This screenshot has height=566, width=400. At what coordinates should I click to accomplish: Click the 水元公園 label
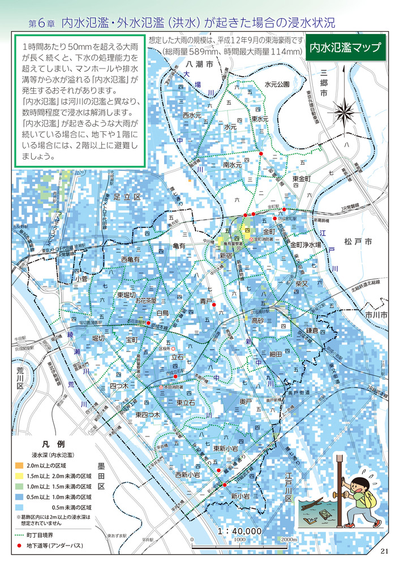tap(277, 84)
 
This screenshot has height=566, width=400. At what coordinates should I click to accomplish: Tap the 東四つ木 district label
tap(148, 415)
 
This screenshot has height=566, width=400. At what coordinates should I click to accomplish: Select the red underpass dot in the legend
tap(20, 545)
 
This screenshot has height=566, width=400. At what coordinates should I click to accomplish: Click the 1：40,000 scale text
tap(240, 531)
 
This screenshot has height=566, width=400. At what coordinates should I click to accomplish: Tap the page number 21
tap(385, 552)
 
